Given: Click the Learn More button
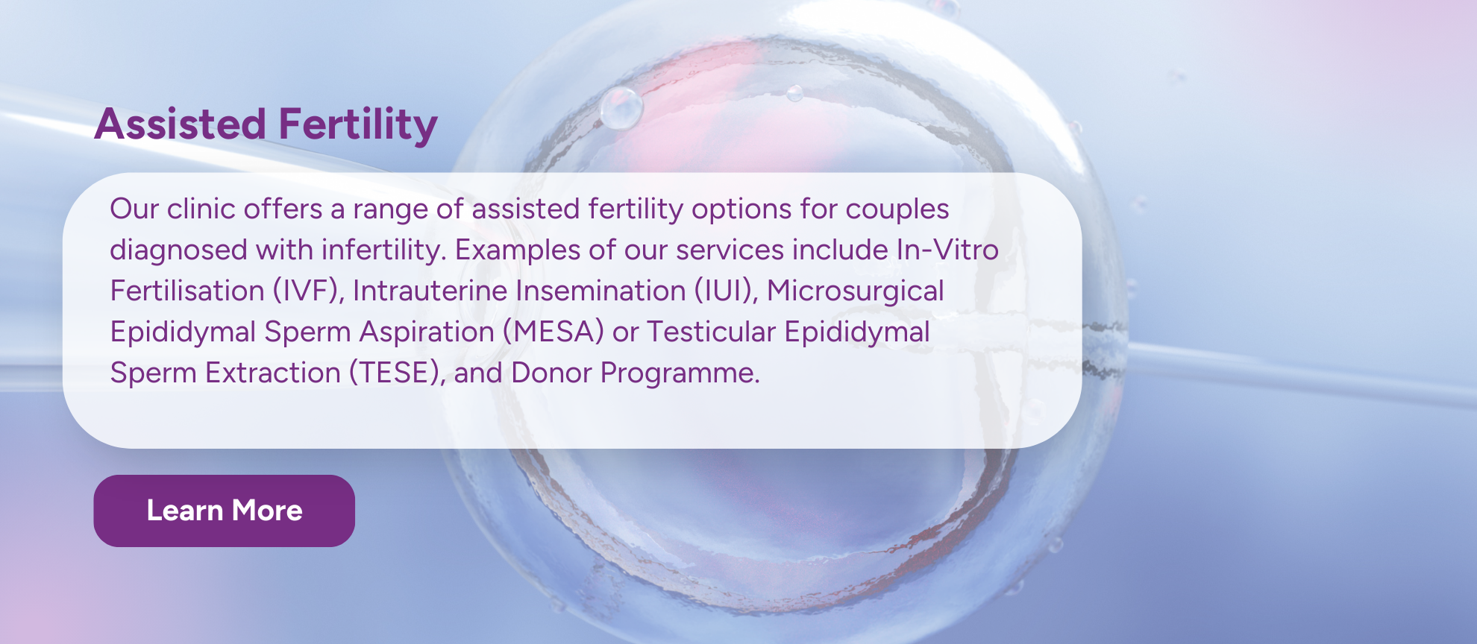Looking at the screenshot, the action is coord(224,511).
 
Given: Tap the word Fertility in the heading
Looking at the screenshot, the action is coord(358,125).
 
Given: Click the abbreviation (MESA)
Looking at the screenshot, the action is coord(553,332).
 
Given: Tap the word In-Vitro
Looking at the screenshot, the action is coord(947,250).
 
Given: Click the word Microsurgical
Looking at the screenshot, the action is coord(856,291).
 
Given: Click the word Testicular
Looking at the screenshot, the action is coord(711,332).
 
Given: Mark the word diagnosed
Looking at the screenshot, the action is coord(179,250).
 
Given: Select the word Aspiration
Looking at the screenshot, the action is coord(427,332).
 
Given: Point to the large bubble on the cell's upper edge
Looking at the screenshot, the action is coord(621,108).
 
